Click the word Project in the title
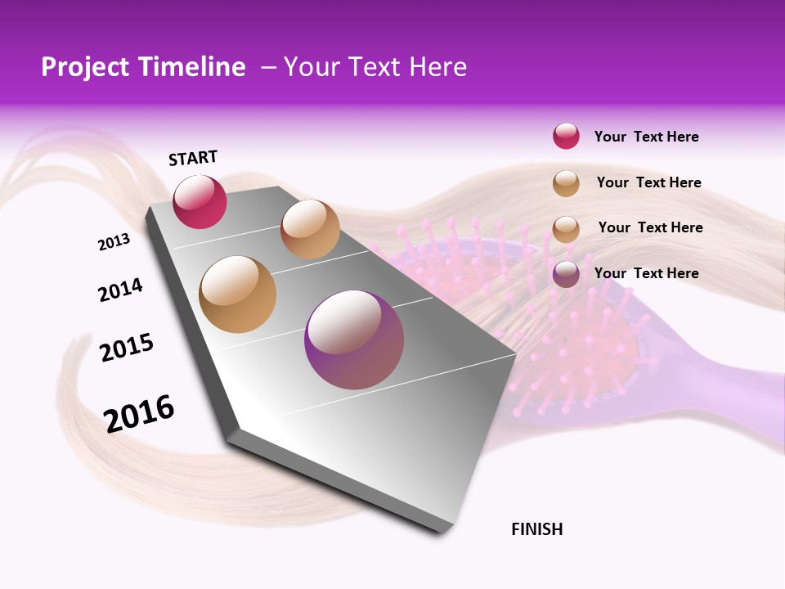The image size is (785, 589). point(83,67)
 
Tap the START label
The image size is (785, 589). point(193,158)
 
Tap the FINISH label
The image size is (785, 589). point(537,529)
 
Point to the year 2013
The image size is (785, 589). point(114,242)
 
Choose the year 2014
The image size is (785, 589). point(120,290)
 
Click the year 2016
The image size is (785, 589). point(139,413)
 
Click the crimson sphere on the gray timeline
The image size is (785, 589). point(200,202)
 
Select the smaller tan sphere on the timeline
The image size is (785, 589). point(310,229)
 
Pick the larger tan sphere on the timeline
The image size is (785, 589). point(238,294)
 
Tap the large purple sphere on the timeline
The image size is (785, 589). point(354,339)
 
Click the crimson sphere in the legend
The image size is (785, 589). point(566,137)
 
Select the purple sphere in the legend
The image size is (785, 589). point(566,274)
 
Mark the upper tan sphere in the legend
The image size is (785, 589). point(566,183)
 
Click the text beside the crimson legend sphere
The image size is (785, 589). point(646,137)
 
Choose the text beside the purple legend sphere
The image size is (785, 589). point(646,273)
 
